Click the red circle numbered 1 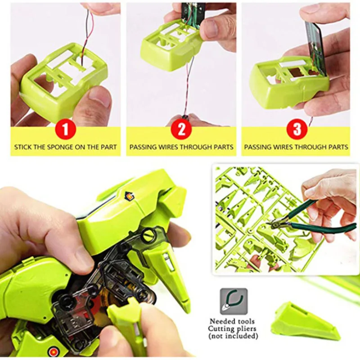66,130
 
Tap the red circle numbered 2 181,130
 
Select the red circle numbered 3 297,130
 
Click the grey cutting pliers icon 234,301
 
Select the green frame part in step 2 171,45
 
